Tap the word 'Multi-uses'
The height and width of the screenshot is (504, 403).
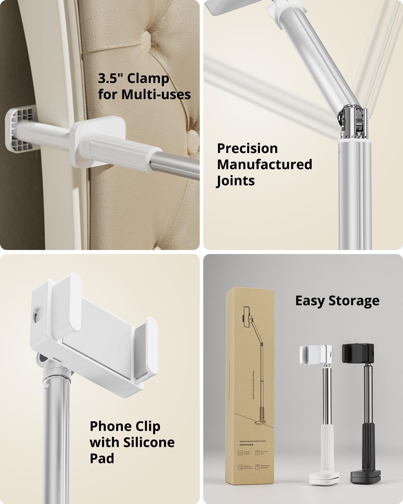(x=156, y=94)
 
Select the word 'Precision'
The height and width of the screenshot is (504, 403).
(x=248, y=148)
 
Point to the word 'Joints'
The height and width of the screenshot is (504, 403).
(x=236, y=181)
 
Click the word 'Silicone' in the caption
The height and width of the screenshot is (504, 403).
(x=149, y=442)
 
